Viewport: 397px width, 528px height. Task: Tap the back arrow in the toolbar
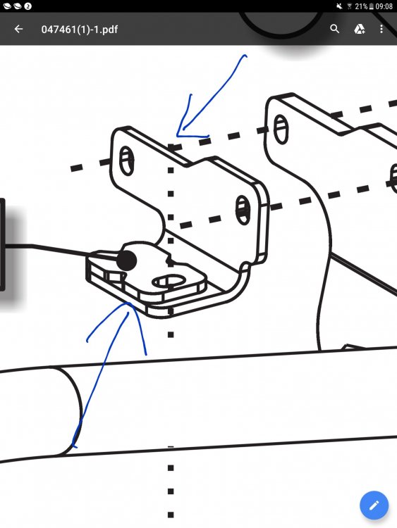click(x=18, y=30)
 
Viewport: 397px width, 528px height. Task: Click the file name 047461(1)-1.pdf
click(x=80, y=30)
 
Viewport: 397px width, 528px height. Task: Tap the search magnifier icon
click(x=334, y=29)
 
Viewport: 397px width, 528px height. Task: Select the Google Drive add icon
click(x=359, y=30)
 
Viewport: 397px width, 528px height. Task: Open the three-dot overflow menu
click(x=381, y=30)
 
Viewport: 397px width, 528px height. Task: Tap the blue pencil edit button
click(x=374, y=505)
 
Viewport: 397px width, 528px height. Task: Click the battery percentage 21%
click(x=361, y=6)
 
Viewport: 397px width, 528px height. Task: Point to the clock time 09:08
click(x=384, y=6)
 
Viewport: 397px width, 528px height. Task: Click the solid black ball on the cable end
click(x=126, y=260)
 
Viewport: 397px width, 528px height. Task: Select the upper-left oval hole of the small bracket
click(x=126, y=161)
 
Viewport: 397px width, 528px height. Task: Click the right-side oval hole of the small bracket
click(x=243, y=210)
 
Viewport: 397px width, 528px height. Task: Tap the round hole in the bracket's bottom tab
click(x=169, y=281)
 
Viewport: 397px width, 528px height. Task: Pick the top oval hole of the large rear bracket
click(x=281, y=129)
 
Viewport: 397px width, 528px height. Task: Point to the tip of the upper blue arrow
click(x=177, y=136)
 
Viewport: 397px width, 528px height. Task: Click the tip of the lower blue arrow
click(x=128, y=303)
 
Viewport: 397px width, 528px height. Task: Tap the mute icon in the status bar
click(x=340, y=6)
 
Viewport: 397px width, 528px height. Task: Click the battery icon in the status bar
click(x=371, y=6)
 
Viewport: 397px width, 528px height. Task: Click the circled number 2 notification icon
click(x=28, y=6)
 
